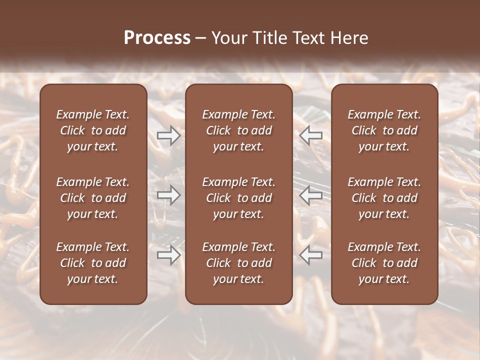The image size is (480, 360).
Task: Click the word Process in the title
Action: pos(157,37)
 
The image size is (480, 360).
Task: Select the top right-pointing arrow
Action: pos(169,135)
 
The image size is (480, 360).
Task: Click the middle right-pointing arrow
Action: pos(169,195)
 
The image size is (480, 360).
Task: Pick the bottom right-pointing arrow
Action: pos(169,255)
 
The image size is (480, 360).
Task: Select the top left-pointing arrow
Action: pos(310,135)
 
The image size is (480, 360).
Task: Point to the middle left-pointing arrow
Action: pos(310,195)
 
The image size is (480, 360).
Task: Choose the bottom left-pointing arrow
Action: pos(310,255)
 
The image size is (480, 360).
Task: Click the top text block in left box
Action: pos(93,130)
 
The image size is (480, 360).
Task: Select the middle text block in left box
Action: pos(93,198)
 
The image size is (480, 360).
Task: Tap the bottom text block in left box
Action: pos(93,263)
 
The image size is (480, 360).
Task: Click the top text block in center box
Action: pos(239,130)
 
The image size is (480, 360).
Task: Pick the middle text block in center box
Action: pos(239,198)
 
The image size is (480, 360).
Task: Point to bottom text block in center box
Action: pos(239,263)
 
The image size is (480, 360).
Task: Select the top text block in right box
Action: pos(384,130)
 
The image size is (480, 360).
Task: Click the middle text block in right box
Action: pos(384,198)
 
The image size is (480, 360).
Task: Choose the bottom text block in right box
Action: pos(384,263)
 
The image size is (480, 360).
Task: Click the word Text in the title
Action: pos(307,37)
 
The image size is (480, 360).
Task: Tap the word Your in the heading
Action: pos(228,37)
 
